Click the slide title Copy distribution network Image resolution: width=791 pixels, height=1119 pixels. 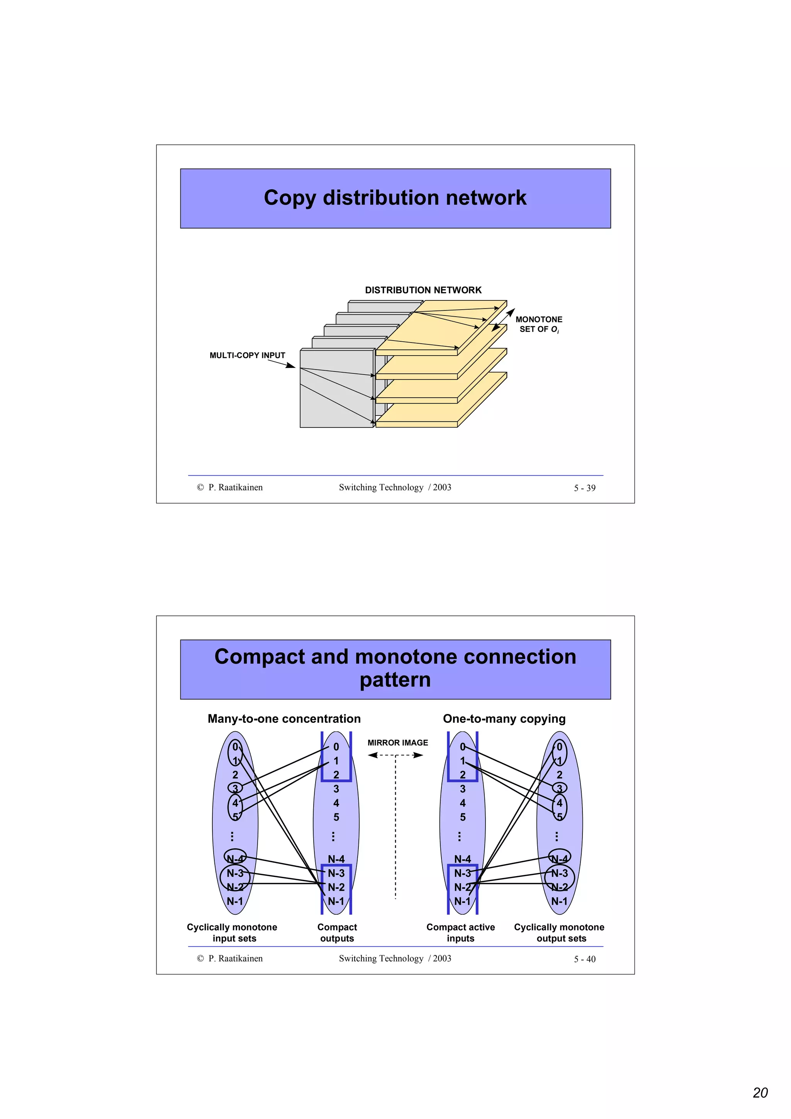(395, 198)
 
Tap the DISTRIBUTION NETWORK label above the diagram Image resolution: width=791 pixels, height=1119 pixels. (423, 290)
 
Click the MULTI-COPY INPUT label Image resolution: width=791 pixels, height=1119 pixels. (247, 355)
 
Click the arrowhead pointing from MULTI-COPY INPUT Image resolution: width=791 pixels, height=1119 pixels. (291, 366)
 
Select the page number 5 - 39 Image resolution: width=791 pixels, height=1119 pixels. (584, 488)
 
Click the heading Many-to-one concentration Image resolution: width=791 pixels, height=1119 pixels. (284, 719)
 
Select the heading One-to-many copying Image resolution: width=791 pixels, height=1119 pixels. (504, 719)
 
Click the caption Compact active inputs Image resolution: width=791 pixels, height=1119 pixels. (460, 933)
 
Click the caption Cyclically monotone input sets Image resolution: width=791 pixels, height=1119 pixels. (232, 933)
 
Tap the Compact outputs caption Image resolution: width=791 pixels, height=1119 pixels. (337, 933)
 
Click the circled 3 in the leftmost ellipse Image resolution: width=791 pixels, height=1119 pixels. (235, 788)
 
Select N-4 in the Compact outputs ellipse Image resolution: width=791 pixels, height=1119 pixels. (336, 859)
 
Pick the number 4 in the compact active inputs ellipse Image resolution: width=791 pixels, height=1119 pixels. (463, 803)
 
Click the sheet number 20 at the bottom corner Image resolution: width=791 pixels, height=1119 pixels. (760, 1093)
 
